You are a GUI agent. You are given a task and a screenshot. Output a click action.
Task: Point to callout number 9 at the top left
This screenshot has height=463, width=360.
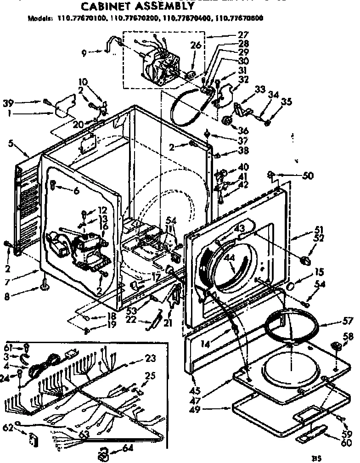84,52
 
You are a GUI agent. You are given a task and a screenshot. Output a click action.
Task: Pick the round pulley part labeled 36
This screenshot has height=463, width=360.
227,121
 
